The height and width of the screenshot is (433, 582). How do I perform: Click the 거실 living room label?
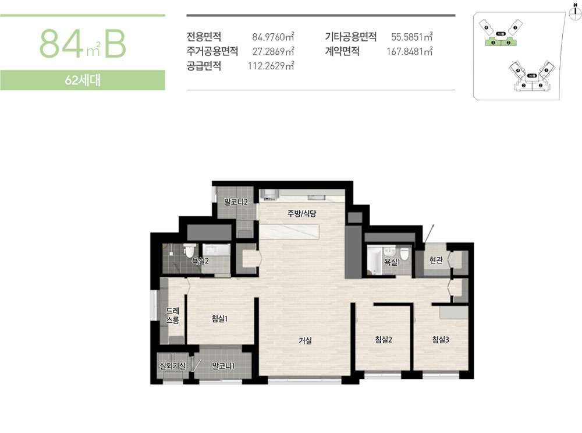click(305, 341)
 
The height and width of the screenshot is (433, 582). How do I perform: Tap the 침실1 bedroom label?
click(219, 319)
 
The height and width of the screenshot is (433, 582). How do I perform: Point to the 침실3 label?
click(441, 339)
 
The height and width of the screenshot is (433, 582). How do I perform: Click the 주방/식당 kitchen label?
click(301, 214)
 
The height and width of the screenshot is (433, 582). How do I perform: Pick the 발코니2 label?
click(236, 202)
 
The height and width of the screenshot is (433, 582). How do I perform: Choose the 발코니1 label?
click(223, 366)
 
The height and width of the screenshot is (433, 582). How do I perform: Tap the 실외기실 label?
click(172, 366)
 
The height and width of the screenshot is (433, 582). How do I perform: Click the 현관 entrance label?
click(436, 260)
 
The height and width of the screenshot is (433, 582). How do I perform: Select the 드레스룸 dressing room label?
click(172, 315)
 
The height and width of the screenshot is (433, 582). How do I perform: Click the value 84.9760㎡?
click(273, 37)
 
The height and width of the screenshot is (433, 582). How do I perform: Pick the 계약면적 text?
click(342, 51)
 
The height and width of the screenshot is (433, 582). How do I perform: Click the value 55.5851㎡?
click(412, 37)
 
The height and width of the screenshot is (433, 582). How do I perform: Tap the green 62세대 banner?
click(83, 80)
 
